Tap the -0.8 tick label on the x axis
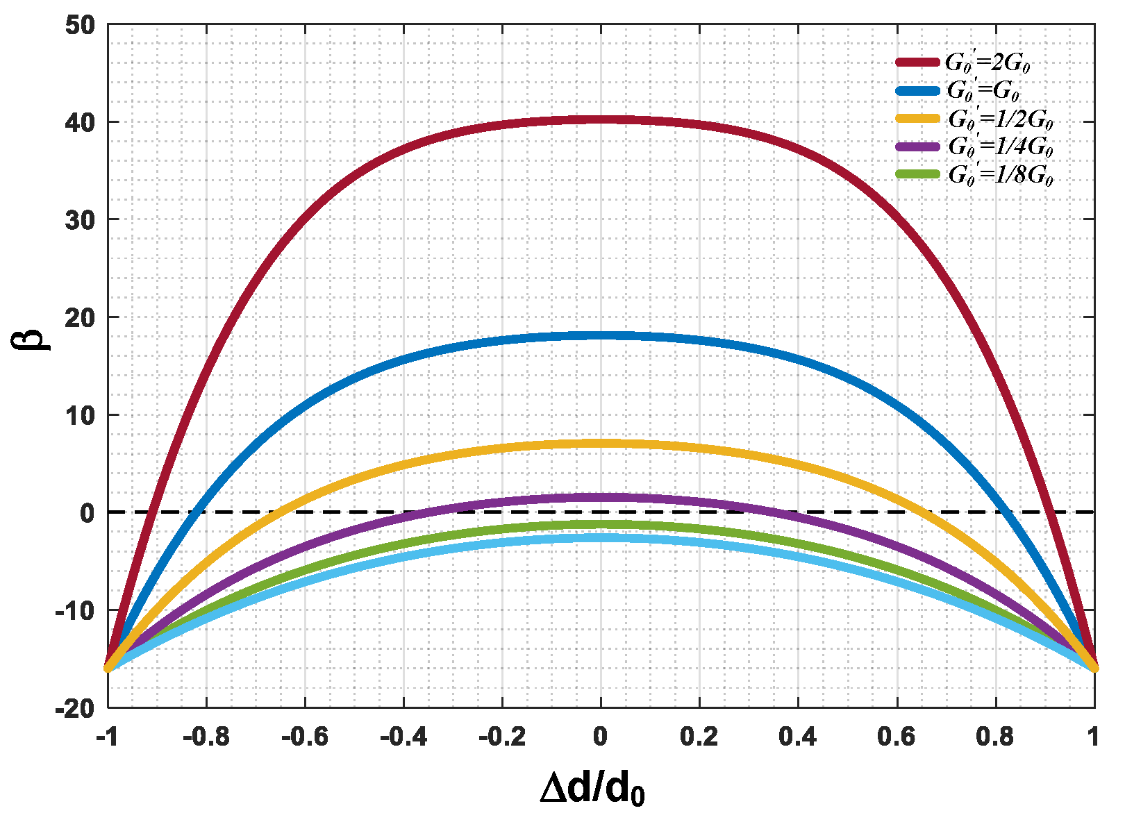point(206,737)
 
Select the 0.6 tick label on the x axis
point(897,737)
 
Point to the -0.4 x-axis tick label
point(403,737)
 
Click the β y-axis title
point(31,339)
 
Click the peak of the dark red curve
point(601,120)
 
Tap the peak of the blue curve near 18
point(601,335)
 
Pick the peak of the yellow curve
point(601,444)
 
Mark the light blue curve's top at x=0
point(601,538)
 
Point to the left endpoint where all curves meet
point(109,668)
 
